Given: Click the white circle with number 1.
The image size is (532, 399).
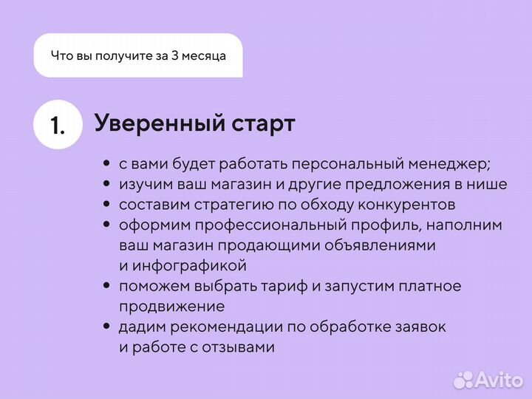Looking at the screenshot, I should [x=58, y=125].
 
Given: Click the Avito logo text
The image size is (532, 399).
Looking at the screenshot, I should [x=498, y=380].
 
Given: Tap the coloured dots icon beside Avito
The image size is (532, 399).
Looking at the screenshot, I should [x=463, y=380].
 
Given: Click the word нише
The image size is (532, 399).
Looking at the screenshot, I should [x=489, y=184].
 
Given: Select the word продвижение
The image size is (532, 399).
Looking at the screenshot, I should [x=171, y=305].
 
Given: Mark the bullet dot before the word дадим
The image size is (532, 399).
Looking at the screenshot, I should [x=107, y=326].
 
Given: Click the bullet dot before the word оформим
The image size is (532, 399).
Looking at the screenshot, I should [x=107, y=225].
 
